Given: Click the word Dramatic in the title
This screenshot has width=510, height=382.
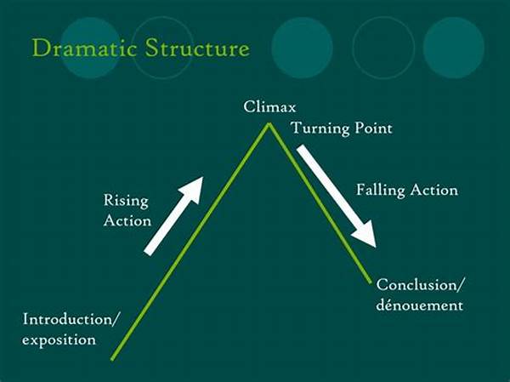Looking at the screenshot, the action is (x=84, y=48).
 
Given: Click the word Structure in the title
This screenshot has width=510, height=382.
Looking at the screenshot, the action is (x=197, y=48).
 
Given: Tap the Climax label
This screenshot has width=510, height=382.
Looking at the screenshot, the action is (x=269, y=107).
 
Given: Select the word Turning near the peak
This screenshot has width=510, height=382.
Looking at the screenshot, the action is (x=320, y=128).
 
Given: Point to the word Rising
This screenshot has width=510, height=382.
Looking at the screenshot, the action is (x=126, y=200).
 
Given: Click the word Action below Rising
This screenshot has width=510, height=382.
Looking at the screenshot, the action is (x=127, y=221).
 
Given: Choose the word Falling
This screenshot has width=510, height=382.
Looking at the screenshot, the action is (x=381, y=190).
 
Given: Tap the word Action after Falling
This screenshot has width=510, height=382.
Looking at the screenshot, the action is (x=433, y=190).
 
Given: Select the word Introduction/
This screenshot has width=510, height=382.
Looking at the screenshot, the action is (x=70, y=319).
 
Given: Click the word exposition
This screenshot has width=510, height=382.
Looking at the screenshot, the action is (x=59, y=339).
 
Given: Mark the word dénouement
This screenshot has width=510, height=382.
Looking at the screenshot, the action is (x=419, y=305).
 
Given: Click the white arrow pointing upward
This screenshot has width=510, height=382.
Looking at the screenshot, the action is (x=173, y=216).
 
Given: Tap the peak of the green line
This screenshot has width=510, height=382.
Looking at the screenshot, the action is (x=269, y=123).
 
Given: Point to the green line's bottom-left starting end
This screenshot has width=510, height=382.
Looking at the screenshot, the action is (x=112, y=359).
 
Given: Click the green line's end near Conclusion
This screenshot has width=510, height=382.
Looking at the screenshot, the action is (x=370, y=282).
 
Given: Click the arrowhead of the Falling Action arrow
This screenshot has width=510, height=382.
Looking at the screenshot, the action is (x=365, y=233).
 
